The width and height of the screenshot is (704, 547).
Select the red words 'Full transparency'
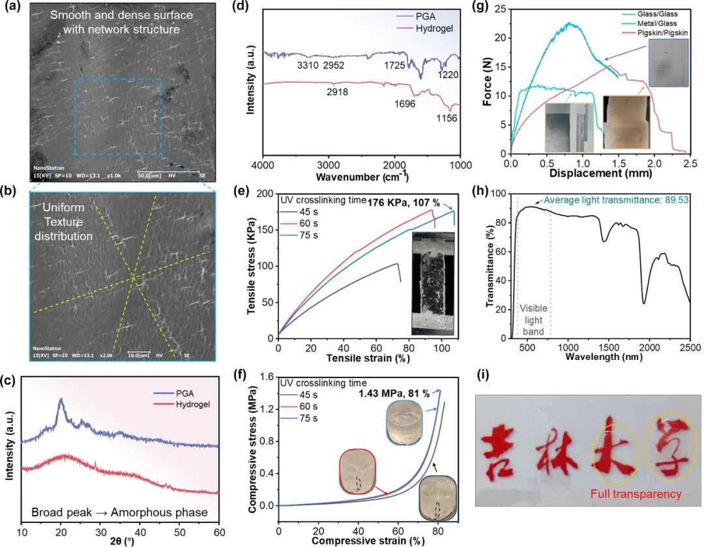pos(636,494)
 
